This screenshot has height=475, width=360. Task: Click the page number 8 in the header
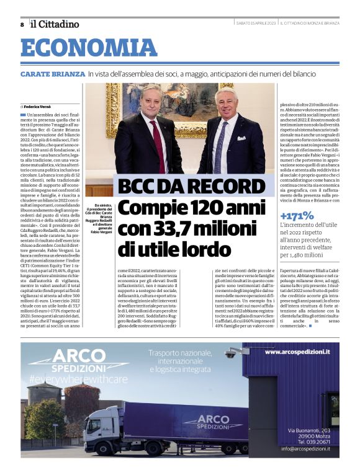(x=22, y=24)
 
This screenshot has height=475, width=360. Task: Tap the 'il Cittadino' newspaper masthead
(x=55, y=24)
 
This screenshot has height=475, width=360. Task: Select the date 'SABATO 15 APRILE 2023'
(x=256, y=24)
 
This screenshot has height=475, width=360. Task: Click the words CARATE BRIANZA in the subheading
(x=52, y=74)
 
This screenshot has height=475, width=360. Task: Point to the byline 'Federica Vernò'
(x=38, y=107)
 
